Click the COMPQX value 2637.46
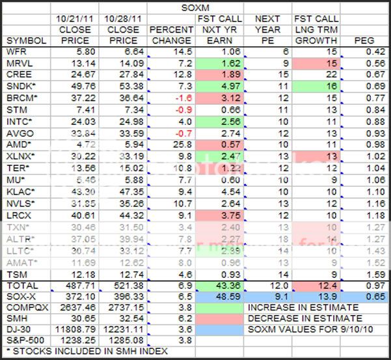coord(78,307)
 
